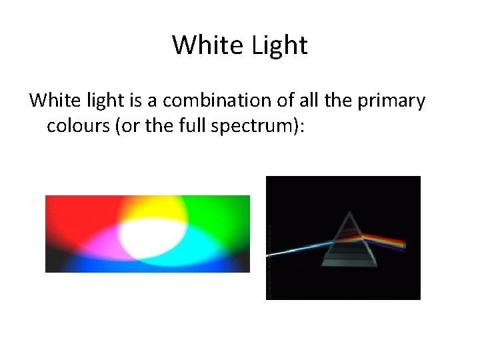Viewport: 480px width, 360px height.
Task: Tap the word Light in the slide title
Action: coord(280,45)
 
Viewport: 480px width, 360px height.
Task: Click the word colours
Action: coord(78,126)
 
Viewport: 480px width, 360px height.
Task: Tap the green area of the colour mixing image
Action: coord(220,213)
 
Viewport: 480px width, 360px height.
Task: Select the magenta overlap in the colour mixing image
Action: coord(100,243)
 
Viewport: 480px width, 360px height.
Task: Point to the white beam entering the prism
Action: coord(300,249)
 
